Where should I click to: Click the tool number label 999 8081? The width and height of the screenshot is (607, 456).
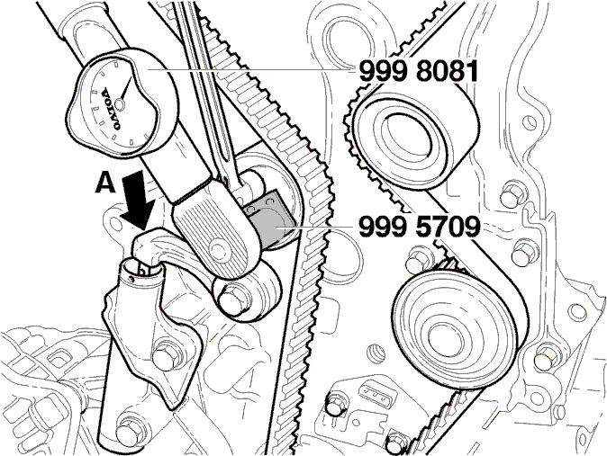click(x=419, y=72)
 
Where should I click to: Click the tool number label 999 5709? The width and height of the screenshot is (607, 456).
click(x=420, y=227)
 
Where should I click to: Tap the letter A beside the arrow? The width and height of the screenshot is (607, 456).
click(x=105, y=183)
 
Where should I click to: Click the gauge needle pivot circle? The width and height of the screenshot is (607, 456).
click(x=120, y=104)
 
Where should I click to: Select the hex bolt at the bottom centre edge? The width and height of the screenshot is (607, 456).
click(x=396, y=443)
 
